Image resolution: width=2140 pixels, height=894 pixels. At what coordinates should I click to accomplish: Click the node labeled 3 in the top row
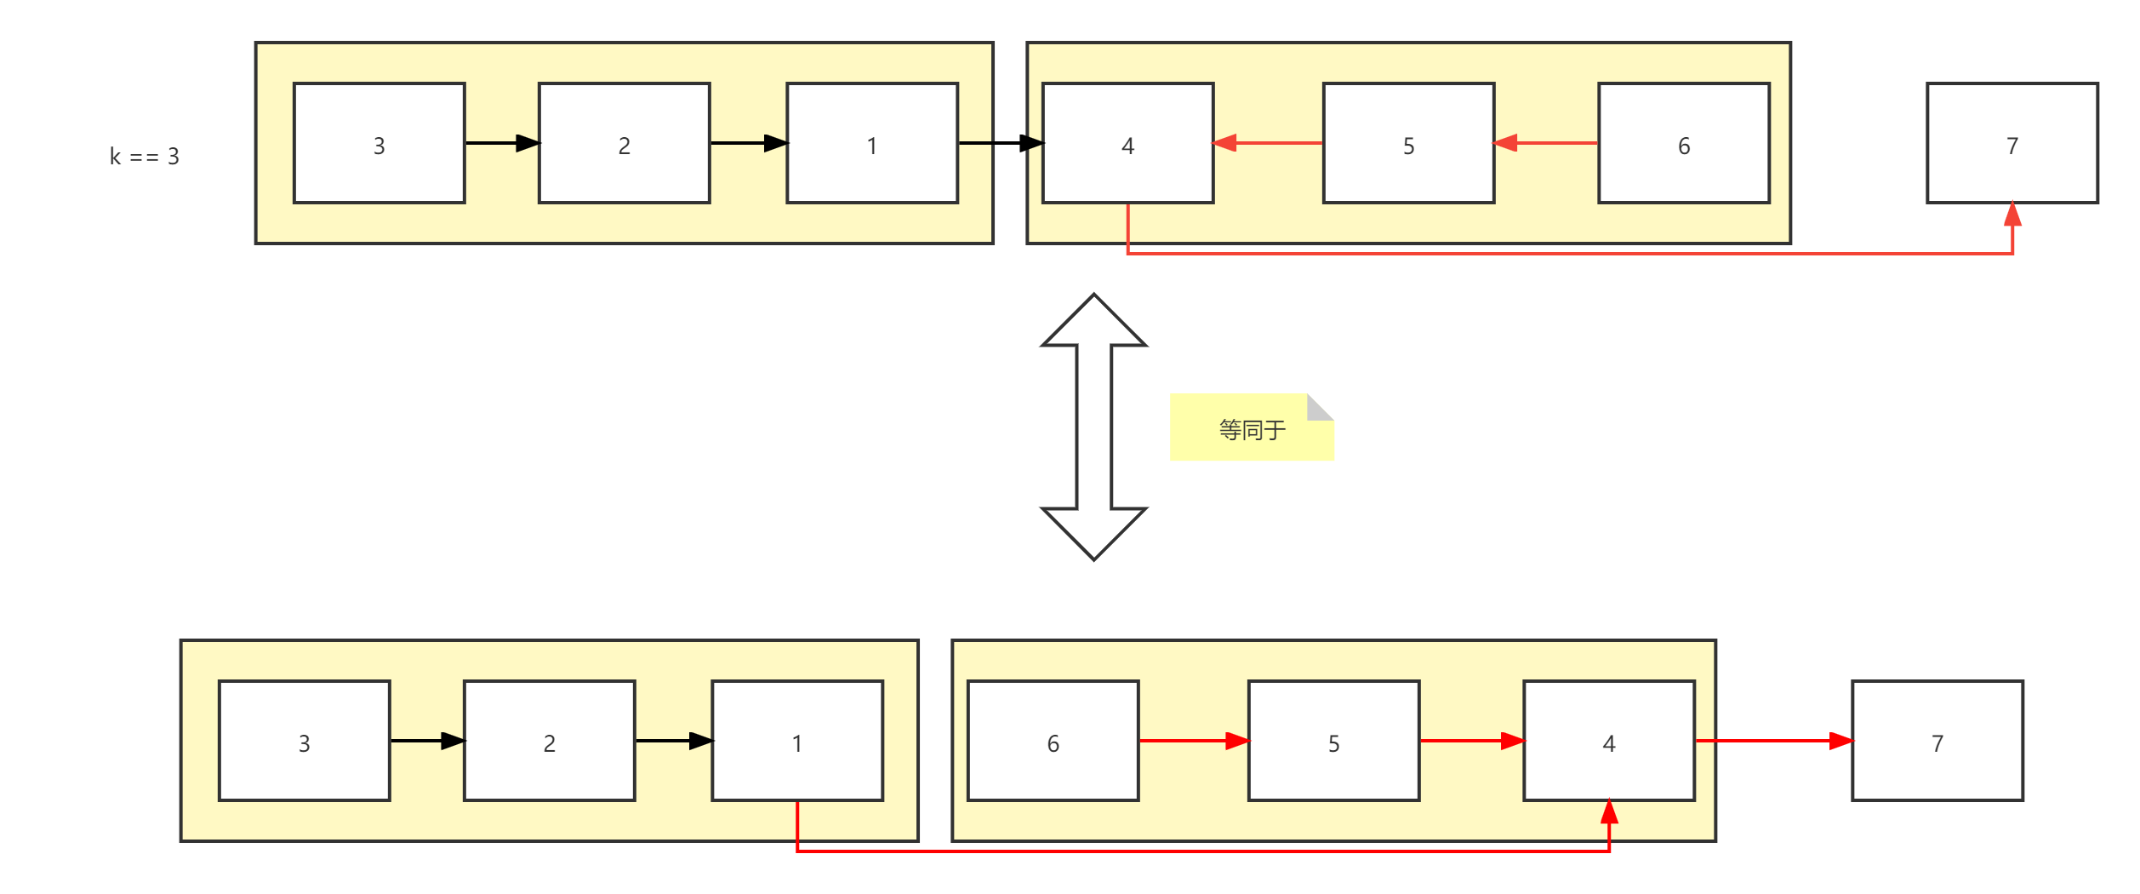pos(379,143)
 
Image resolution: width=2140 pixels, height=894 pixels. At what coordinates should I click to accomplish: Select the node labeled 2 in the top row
pos(624,143)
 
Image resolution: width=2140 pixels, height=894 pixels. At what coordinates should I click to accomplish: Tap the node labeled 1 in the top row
pos(872,143)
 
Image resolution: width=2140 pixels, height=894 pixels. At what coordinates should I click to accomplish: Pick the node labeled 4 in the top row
pos(1127,143)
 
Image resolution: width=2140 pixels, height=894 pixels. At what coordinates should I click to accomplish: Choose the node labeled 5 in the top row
pos(1408,143)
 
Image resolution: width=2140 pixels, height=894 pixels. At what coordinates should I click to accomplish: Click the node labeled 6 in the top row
pos(1684,143)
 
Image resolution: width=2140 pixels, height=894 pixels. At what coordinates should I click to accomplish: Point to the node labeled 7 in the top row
pos(2012,143)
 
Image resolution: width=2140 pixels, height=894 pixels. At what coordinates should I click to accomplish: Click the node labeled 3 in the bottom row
pos(304,741)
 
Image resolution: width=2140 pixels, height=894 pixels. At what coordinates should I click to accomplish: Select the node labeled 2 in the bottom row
pos(549,741)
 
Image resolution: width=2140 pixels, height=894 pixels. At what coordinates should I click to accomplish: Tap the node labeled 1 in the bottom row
pos(797,741)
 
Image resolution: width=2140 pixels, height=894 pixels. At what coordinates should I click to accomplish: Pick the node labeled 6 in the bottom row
pos(1053,741)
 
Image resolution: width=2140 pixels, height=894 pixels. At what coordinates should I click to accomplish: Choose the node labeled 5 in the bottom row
pos(1333,741)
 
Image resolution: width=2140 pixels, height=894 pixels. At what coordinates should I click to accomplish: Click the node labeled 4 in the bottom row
pos(1609,741)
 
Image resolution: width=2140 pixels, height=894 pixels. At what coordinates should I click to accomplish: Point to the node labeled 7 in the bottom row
pos(1937,741)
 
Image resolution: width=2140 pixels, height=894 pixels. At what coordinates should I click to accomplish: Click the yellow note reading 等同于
pos(1252,428)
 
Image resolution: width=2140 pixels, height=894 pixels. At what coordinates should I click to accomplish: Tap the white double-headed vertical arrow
pos(1093,427)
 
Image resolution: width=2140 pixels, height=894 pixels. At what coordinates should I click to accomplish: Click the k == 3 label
pos(145,157)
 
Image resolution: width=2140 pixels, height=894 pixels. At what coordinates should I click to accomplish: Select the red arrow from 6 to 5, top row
pos(1546,143)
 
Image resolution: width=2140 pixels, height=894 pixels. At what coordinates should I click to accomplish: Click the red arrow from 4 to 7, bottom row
pos(1773,741)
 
